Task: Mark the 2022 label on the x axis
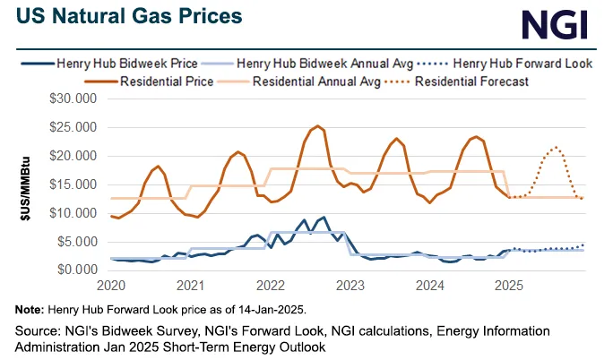coord(271,287)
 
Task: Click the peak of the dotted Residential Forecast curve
coord(557,147)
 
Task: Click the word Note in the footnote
coord(27,310)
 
